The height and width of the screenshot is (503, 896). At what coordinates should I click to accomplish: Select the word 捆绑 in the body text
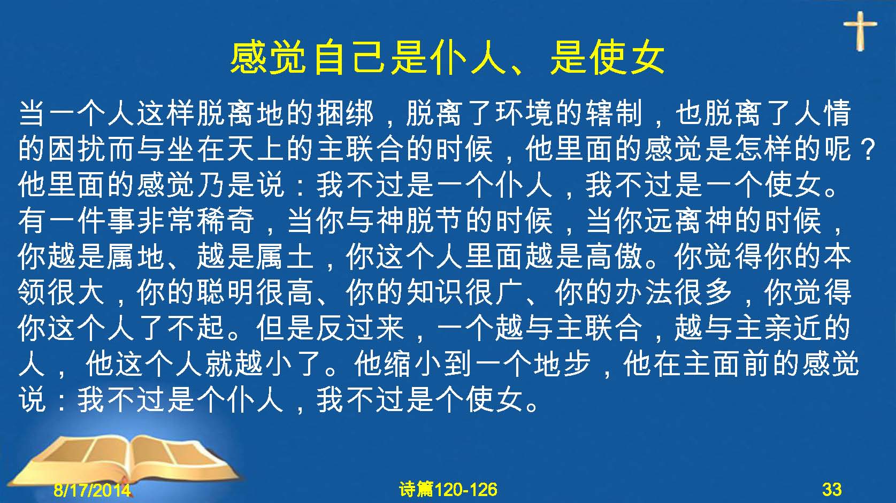[346, 113]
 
